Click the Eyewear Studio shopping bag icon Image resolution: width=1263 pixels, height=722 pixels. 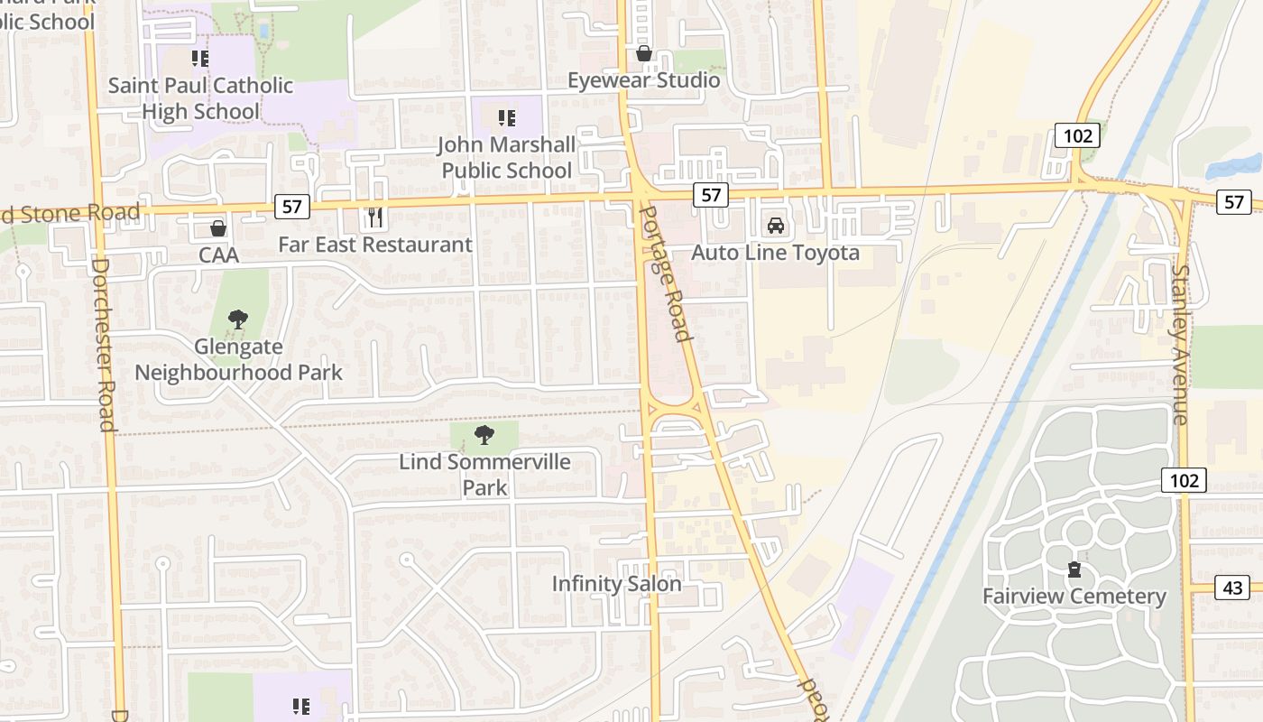(x=644, y=53)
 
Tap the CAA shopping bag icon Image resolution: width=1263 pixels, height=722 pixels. (x=217, y=227)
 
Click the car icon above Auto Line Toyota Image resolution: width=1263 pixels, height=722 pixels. (x=775, y=225)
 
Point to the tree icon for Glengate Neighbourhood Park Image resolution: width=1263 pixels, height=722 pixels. (x=238, y=319)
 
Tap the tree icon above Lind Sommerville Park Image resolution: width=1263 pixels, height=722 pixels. (x=484, y=435)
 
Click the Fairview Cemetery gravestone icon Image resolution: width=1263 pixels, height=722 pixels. (x=1074, y=569)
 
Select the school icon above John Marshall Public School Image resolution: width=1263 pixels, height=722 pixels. (x=506, y=117)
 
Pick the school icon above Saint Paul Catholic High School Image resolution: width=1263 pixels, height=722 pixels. (x=200, y=59)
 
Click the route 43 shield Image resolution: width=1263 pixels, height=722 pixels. (x=1232, y=588)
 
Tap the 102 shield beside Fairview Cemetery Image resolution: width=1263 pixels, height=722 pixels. (x=1184, y=480)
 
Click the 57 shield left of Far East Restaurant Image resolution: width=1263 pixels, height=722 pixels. (x=291, y=207)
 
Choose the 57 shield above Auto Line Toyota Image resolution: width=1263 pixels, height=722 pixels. (x=711, y=194)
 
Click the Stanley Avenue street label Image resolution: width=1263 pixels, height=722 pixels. (x=1180, y=344)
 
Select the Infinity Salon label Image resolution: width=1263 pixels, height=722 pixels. (x=617, y=584)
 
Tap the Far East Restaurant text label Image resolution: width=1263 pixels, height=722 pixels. (x=374, y=245)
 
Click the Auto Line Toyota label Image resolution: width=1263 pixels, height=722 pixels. (x=775, y=253)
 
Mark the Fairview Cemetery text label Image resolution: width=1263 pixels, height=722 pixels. (x=1074, y=597)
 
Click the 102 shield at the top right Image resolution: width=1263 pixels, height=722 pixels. (x=1078, y=136)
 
